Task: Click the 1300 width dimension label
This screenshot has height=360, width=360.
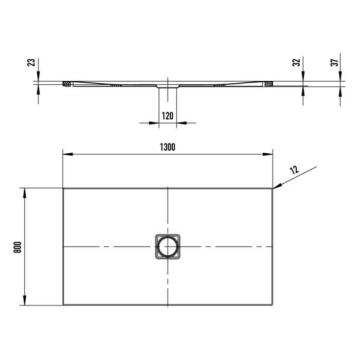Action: (x=167, y=147)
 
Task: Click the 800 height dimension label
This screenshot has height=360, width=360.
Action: (x=16, y=247)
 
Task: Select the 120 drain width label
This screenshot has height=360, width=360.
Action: (x=167, y=116)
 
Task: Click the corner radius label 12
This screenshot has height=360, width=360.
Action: (x=294, y=171)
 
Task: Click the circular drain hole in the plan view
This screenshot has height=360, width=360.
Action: (x=167, y=247)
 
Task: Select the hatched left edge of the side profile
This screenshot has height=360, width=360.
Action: (x=66, y=83)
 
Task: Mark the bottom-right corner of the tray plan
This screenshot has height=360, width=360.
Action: (x=272, y=305)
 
